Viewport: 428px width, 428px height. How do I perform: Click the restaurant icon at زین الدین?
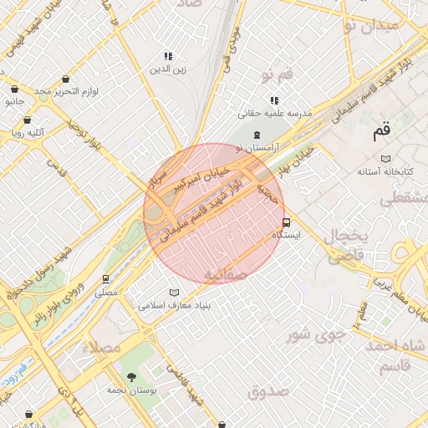click(169, 56)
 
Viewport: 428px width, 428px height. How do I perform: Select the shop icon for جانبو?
click(14, 89)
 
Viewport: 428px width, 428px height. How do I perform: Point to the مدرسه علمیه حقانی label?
click(275, 112)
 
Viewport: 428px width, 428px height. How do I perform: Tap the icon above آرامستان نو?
click(257, 135)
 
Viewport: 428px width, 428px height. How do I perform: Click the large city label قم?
click(382, 130)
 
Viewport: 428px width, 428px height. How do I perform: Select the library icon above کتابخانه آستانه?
click(385, 158)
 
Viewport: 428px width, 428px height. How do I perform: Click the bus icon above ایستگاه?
click(287, 222)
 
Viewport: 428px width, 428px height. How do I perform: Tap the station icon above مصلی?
click(106, 279)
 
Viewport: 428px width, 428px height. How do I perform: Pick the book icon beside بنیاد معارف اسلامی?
click(174, 293)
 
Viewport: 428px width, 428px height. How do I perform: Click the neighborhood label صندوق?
click(267, 390)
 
